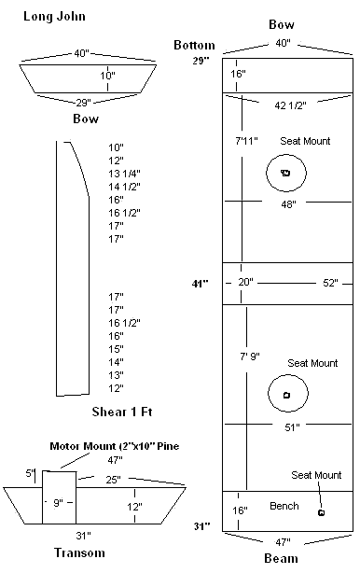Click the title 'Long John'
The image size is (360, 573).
coord(54,17)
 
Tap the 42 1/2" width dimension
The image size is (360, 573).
coord(290,105)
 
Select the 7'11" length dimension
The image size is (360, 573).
coord(246,141)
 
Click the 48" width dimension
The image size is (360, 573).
coord(288,204)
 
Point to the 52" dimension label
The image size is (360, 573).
coord(330,283)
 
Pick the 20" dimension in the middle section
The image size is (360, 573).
coord(245,282)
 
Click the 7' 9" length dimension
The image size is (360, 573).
coord(250,356)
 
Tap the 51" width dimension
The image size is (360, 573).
coord(292,426)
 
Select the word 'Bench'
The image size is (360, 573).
coord(284,506)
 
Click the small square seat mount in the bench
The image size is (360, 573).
coord(322,512)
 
